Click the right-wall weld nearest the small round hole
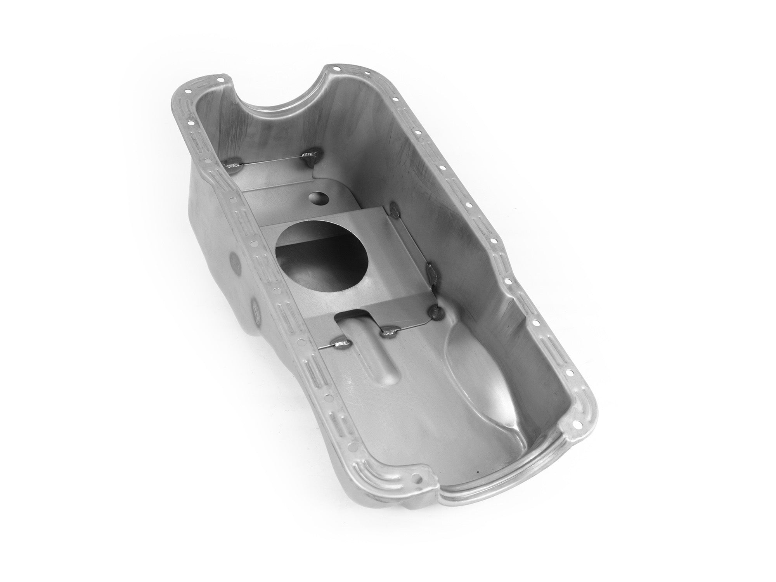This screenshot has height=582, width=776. (395, 210)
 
